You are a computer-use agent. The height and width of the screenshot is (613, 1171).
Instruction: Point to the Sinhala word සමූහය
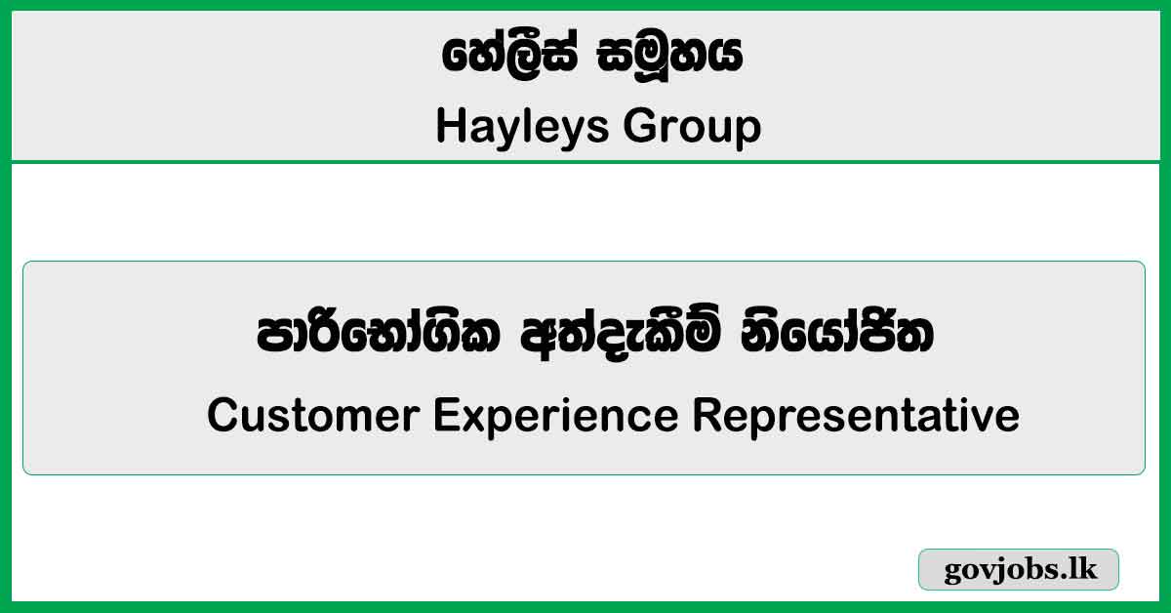670,57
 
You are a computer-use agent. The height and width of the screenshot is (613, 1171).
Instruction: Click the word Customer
313,416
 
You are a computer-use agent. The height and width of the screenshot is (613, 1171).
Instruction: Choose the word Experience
556,416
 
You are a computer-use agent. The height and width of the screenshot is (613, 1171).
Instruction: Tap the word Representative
856,416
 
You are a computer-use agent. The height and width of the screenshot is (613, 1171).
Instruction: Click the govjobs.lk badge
1019,570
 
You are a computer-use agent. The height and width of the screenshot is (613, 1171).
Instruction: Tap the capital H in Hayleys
448,127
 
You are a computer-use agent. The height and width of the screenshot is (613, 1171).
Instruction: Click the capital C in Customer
222,416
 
